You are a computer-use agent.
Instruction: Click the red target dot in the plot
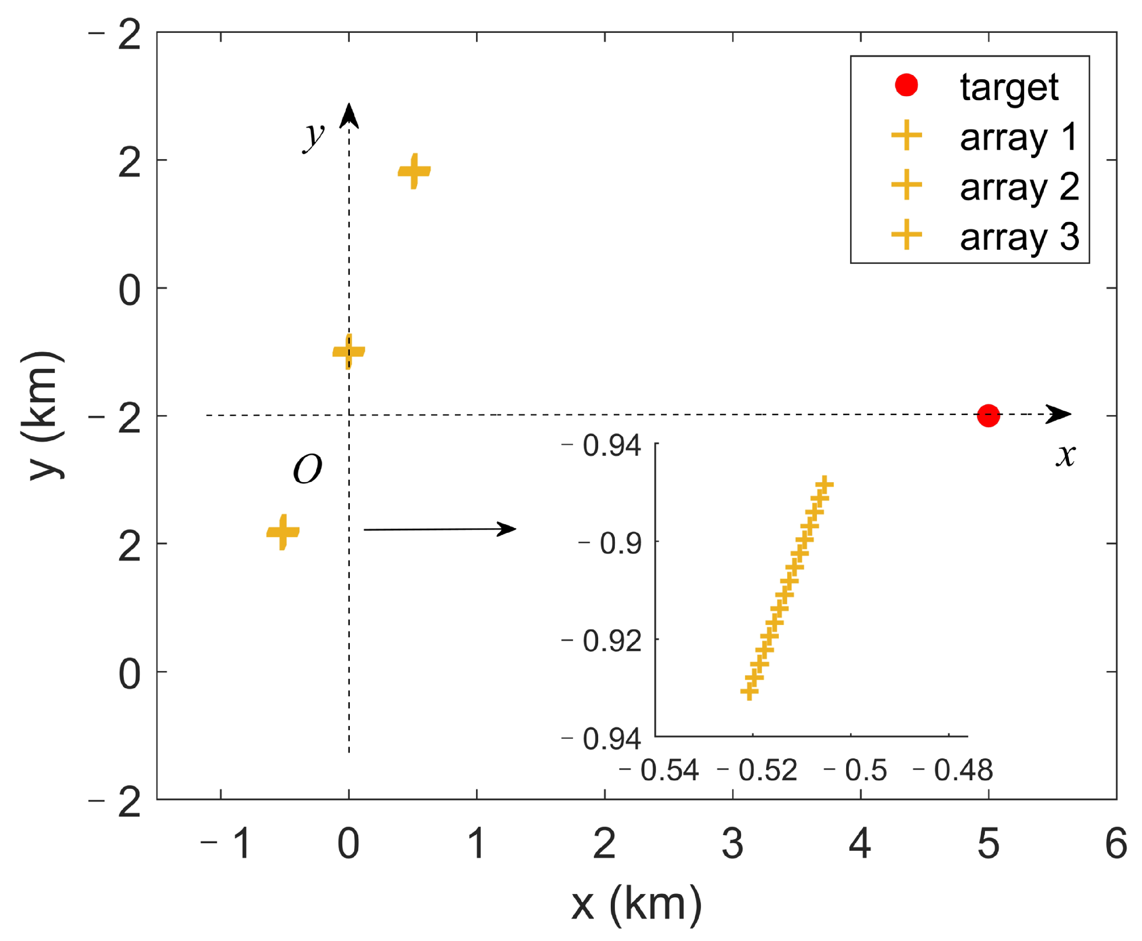coord(987,416)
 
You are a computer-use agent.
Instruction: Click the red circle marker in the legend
coord(906,85)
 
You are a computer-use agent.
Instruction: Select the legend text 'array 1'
coord(1018,138)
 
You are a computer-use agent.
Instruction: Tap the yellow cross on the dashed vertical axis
coord(349,351)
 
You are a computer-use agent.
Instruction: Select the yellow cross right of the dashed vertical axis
coord(414,171)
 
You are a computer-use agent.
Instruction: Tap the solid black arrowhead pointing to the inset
coord(507,529)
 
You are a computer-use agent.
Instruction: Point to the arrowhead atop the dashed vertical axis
coord(349,116)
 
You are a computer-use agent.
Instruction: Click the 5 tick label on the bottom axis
coord(987,844)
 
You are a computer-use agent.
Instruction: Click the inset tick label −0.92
coord(601,641)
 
